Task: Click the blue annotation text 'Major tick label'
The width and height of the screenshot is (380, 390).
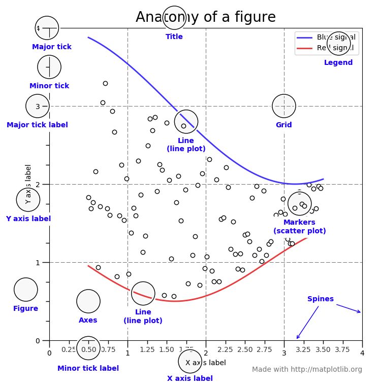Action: coord(37,125)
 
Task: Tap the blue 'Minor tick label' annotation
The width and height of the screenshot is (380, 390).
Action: coord(88,368)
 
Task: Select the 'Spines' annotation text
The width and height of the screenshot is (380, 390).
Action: coord(321,299)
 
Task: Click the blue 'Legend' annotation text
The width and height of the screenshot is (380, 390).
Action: coord(338,62)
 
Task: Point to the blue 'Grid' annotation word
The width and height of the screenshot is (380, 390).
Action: coord(283,125)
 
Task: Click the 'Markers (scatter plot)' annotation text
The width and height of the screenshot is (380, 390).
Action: coord(299,226)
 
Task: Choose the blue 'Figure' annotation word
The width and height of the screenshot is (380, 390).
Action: coord(25,308)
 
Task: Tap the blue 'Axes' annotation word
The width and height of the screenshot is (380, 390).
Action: coord(88,320)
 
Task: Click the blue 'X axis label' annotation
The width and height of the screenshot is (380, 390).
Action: coord(190,378)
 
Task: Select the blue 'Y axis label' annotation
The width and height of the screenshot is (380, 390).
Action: coord(28,219)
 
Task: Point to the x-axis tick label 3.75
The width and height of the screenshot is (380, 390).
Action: coord(342,349)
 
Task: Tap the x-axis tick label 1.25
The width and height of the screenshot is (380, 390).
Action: coord(147,349)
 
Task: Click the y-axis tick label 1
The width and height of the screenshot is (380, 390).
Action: coord(38,262)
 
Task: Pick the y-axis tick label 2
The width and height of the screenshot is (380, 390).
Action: coord(38,184)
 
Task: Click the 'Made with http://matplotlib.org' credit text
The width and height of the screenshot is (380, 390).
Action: coord(307,369)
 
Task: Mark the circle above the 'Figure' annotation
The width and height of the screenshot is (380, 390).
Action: coord(25,290)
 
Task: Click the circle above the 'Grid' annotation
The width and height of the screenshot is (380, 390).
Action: coord(284,106)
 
